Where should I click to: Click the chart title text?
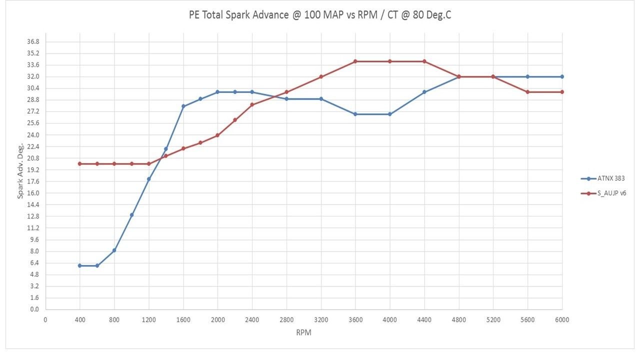click(x=320, y=15)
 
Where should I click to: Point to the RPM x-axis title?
click(x=303, y=332)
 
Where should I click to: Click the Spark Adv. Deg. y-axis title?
click(x=20, y=170)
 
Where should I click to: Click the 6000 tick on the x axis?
click(x=562, y=319)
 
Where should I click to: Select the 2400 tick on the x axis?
click(x=252, y=319)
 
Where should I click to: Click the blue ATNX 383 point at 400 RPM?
click(x=80, y=265)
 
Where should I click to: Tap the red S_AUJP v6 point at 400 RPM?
click(x=80, y=163)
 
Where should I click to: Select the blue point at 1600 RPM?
click(x=183, y=106)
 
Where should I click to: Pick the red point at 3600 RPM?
click(x=355, y=61)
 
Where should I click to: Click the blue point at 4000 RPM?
click(x=390, y=114)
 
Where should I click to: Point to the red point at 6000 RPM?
click(x=562, y=92)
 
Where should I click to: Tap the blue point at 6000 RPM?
click(x=562, y=76)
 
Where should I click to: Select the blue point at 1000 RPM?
click(x=132, y=215)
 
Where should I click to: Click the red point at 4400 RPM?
click(x=424, y=61)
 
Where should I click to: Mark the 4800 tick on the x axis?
click(x=458, y=319)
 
